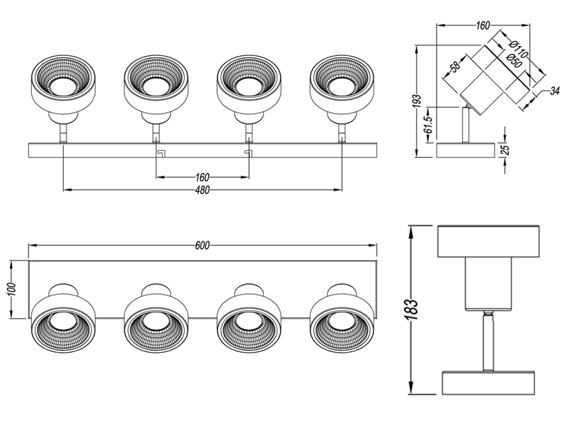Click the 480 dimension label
pos(202,198)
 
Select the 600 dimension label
pos(202,246)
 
